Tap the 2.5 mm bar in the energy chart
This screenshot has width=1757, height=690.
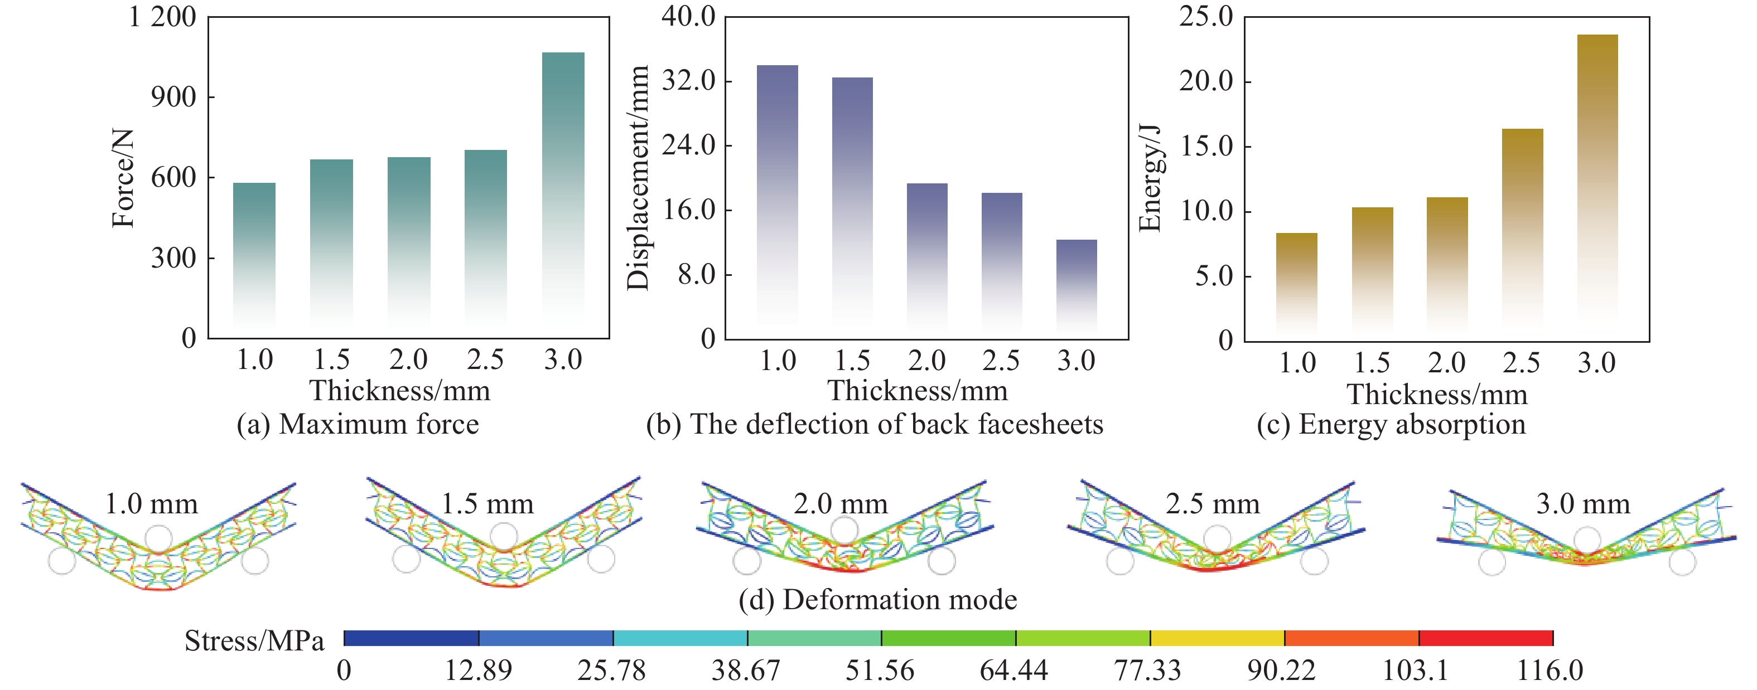(1522, 225)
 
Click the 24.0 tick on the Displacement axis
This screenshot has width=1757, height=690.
(689, 145)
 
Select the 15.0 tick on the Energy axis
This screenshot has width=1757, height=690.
(1206, 147)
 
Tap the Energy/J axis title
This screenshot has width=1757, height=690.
(1150, 179)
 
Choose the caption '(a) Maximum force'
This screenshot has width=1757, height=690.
(358, 424)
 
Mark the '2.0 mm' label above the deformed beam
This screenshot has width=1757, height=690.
(841, 504)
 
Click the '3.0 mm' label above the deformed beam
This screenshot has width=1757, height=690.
(1583, 504)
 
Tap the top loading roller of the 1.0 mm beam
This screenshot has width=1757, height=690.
(158, 538)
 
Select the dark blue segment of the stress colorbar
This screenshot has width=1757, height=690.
(411, 638)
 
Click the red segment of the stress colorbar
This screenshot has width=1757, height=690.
(1485, 638)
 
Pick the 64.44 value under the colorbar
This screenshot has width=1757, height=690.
(1013, 671)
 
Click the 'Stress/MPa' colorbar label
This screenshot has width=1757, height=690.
(254, 641)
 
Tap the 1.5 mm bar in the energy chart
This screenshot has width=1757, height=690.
(1372, 269)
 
